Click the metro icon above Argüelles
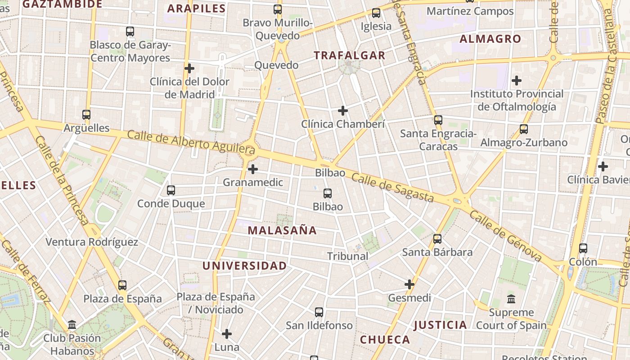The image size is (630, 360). click(x=86, y=115)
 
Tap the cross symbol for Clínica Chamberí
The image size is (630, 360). click(x=343, y=111)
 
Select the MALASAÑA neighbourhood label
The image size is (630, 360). click(x=282, y=230)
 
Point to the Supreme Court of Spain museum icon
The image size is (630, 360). click(x=511, y=299)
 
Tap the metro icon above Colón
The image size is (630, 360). click(x=583, y=248)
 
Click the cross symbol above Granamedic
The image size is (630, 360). click(x=253, y=169)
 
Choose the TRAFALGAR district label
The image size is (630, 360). click(x=349, y=55)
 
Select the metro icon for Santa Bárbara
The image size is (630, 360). click(x=437, y=239)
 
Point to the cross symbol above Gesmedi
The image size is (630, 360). click(x=409, y=284)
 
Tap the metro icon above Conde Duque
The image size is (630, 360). click(x=171, y=190)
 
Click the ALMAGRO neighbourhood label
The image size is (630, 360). click(x=490, y=39)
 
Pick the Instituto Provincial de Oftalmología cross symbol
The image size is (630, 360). click(x=517, y=81)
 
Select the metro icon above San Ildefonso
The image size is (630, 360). click(x=319, y=312)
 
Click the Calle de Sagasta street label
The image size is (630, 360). click(x=392, y=188)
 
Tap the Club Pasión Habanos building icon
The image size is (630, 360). click(x=72, y=324)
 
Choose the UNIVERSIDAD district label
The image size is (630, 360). click(x=244, y=265)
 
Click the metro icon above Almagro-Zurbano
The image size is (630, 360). click(x=524, y=129)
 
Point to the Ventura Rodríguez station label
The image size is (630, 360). click(x=92, y=242)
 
